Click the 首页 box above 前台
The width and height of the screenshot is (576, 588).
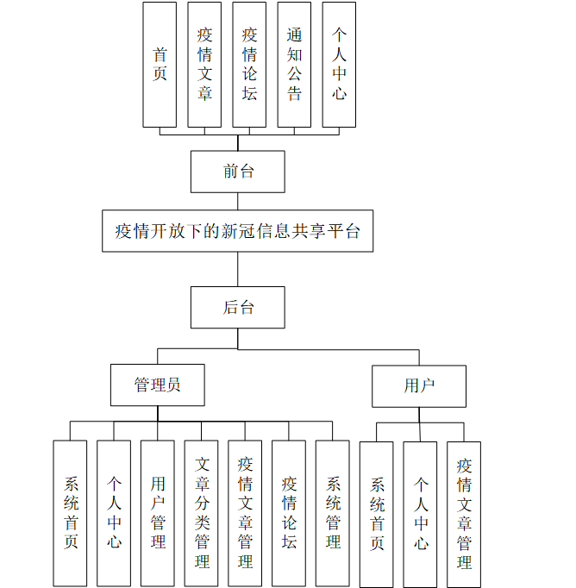(160, 65)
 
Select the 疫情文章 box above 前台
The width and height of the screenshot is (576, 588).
(204, 65)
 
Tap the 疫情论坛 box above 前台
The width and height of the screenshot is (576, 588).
(249, 65)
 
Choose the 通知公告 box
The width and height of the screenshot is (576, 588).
(294, 65)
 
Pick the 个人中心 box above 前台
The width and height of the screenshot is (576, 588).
(339, 65)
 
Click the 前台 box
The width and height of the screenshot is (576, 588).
(238, 172)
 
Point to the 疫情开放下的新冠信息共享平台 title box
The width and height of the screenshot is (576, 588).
(238, 231)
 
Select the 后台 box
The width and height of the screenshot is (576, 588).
(238, 307)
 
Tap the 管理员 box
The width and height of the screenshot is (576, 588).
(158, 385)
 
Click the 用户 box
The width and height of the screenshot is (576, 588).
(419, 385)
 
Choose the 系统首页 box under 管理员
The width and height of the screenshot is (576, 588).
(70, 513)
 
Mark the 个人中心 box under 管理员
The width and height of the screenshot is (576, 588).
(114, 513)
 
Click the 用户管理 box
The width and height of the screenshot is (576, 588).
(158, 513)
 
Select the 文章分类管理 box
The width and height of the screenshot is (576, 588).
(202, 513)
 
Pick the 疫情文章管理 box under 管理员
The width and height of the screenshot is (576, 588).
(246, 513)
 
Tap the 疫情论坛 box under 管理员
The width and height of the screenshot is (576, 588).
(289, 513)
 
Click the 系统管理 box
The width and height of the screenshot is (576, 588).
(333, 513)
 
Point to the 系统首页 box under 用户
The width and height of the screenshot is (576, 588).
(377, 514)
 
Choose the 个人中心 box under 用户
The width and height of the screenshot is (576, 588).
(420, 514)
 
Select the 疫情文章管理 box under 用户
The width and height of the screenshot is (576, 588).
(464, 514)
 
